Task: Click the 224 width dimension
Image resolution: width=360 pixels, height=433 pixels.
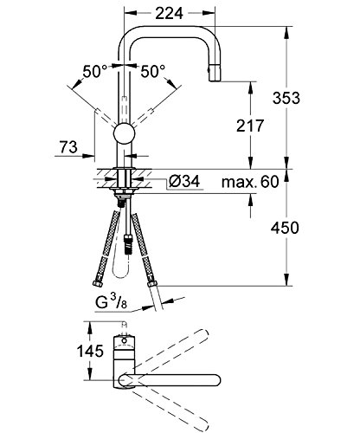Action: point(169,13)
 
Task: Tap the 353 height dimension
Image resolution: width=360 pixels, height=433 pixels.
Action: point(286,98)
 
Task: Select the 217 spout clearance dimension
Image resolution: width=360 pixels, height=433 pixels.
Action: point(250,126)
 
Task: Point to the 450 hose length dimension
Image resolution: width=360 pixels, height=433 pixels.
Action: point(285,228)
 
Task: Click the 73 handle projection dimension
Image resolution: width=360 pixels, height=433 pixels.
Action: point(68,147)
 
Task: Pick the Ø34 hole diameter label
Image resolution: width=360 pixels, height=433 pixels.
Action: point(184,182)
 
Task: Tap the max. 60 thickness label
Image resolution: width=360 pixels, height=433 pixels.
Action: point(250,182)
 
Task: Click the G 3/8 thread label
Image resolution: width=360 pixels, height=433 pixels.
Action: point(111,302)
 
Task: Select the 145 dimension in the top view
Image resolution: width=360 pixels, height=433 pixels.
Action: point(90,351)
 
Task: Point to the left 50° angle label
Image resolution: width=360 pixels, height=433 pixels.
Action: point(95,71)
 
